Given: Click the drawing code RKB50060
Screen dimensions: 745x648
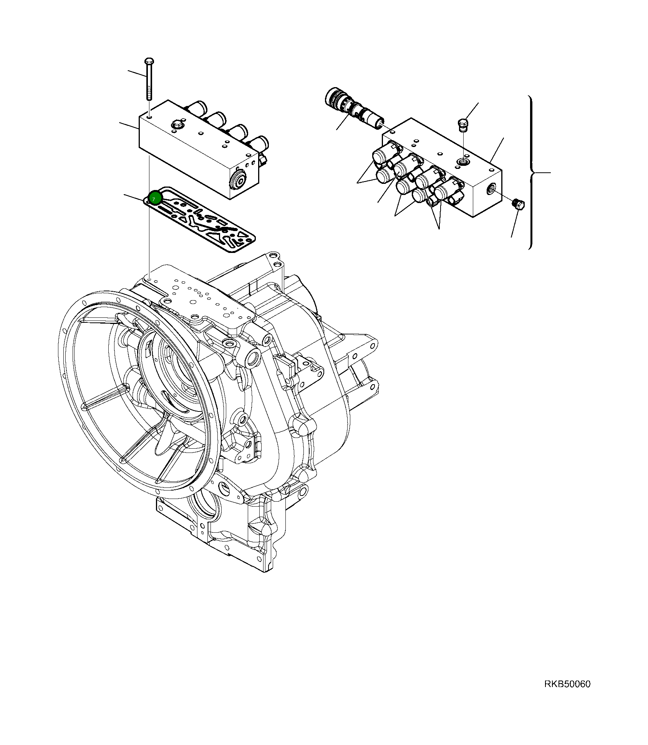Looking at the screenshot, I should (567, 684).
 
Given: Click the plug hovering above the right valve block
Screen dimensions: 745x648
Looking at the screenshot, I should (464, 125).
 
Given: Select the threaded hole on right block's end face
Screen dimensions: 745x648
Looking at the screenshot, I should (491, 188).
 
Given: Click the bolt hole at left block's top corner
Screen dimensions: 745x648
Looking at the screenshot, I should (149, 116).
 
